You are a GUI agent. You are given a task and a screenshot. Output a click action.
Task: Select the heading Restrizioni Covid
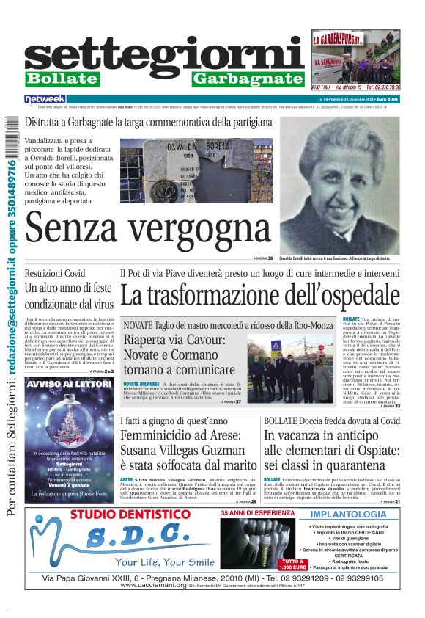[55, 273]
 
